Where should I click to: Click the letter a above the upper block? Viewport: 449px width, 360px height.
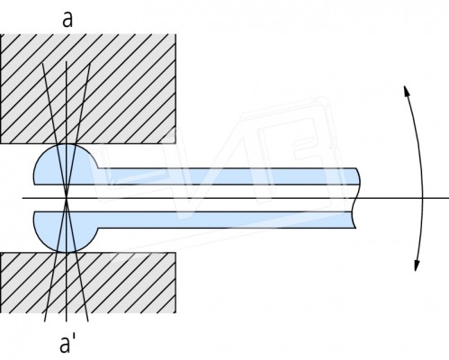(x=67, y=20)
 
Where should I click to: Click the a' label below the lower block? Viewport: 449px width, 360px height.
(x=67, y=344)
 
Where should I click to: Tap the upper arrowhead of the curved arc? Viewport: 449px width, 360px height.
(x=407, y=90)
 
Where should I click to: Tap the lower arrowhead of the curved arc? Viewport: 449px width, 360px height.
(x=417, y=265)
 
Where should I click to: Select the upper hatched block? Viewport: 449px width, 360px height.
(x=88, y=89)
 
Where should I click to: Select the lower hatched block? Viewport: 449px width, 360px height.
(x=88, y=283)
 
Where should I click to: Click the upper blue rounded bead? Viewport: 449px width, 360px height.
(x=66, y=165)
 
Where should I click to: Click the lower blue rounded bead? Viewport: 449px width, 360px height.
(x=66, y=231)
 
